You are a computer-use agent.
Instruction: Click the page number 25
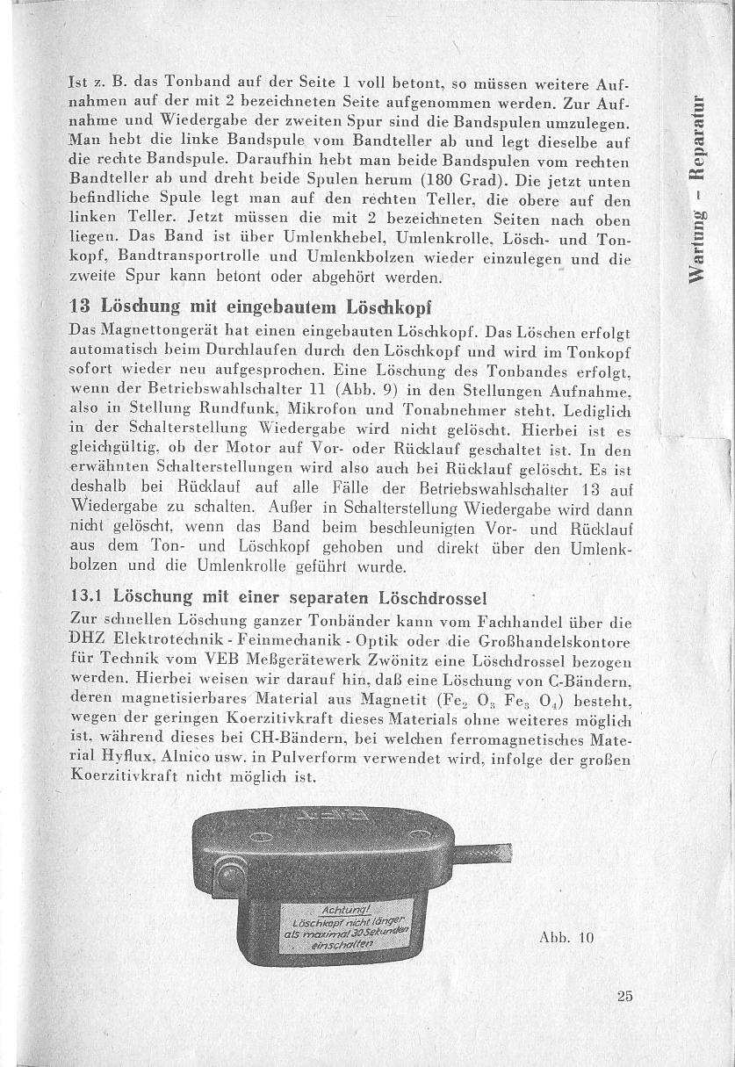(624, 995)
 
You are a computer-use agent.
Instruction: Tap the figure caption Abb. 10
(566, 937)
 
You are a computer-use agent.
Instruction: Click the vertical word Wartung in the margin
(698, 245)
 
